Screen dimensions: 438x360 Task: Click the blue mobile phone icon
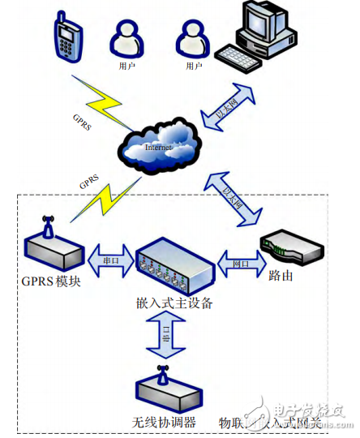click(x=69, y=38)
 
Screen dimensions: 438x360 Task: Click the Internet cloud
click(x=161, y=145)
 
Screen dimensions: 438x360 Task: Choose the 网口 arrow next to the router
click(x=239, y=264)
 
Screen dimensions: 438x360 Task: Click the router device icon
click(x=289, y=248)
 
